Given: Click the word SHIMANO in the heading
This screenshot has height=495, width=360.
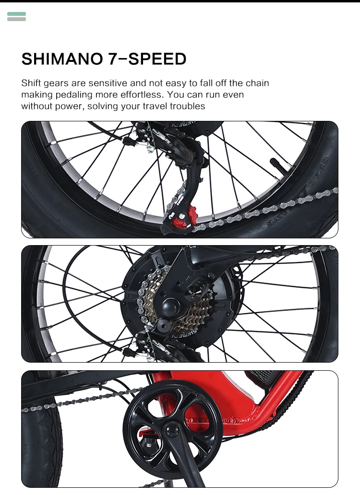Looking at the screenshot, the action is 62,59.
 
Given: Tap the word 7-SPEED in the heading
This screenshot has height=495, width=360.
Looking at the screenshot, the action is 147,59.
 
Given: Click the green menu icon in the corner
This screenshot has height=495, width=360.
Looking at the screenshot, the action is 16,16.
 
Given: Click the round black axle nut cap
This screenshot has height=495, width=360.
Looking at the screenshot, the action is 171,306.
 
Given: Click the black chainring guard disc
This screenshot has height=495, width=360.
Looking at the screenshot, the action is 173,430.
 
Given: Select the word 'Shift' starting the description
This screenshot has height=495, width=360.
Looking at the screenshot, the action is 31,83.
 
